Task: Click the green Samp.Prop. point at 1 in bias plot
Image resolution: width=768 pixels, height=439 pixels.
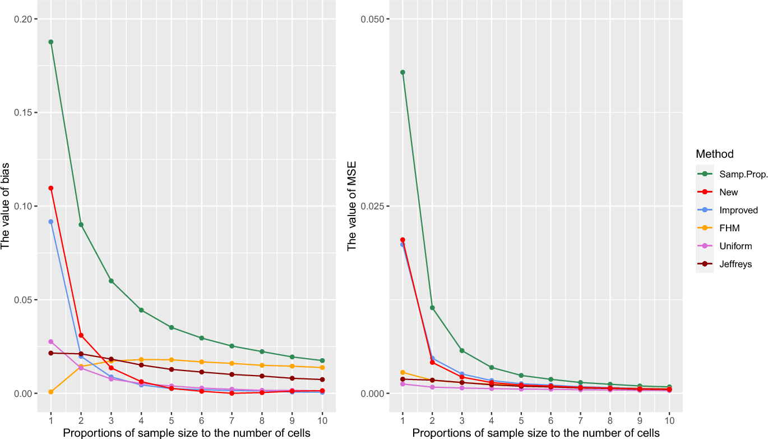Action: click(x=51, y=42)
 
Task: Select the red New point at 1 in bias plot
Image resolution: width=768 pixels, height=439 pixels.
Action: click(x=51, y=188)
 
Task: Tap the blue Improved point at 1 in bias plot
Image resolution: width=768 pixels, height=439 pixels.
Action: click(x=51, y=222)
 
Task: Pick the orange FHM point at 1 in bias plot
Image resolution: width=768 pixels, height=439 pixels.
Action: click(x=51, y=392)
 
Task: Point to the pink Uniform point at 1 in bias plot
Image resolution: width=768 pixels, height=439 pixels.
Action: click(x=51, y=342)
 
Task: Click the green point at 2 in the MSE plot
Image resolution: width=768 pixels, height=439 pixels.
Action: click(x=432, y=308)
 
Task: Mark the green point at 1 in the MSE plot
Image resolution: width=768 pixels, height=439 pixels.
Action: click(x=402, y=72)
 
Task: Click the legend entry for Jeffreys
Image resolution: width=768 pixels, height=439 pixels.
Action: click(x=735, y=264)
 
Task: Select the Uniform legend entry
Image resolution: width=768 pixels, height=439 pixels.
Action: click(x=735, y=246)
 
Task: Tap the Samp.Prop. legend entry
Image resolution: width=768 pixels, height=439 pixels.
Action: click(x=743, y=175)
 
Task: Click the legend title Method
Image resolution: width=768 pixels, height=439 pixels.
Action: click(x=714, y=154)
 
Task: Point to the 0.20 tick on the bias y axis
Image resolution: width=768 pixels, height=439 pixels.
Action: click(x=30, y=19)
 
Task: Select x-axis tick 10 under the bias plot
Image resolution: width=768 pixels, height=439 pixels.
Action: click(x=322, y=420)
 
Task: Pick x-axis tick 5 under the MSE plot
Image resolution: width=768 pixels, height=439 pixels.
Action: click(x=521, y=420)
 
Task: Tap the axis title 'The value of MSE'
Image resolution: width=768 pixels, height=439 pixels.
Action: click(x=352, y=206)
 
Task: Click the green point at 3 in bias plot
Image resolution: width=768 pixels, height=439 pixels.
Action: click(x=111, y=281)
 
